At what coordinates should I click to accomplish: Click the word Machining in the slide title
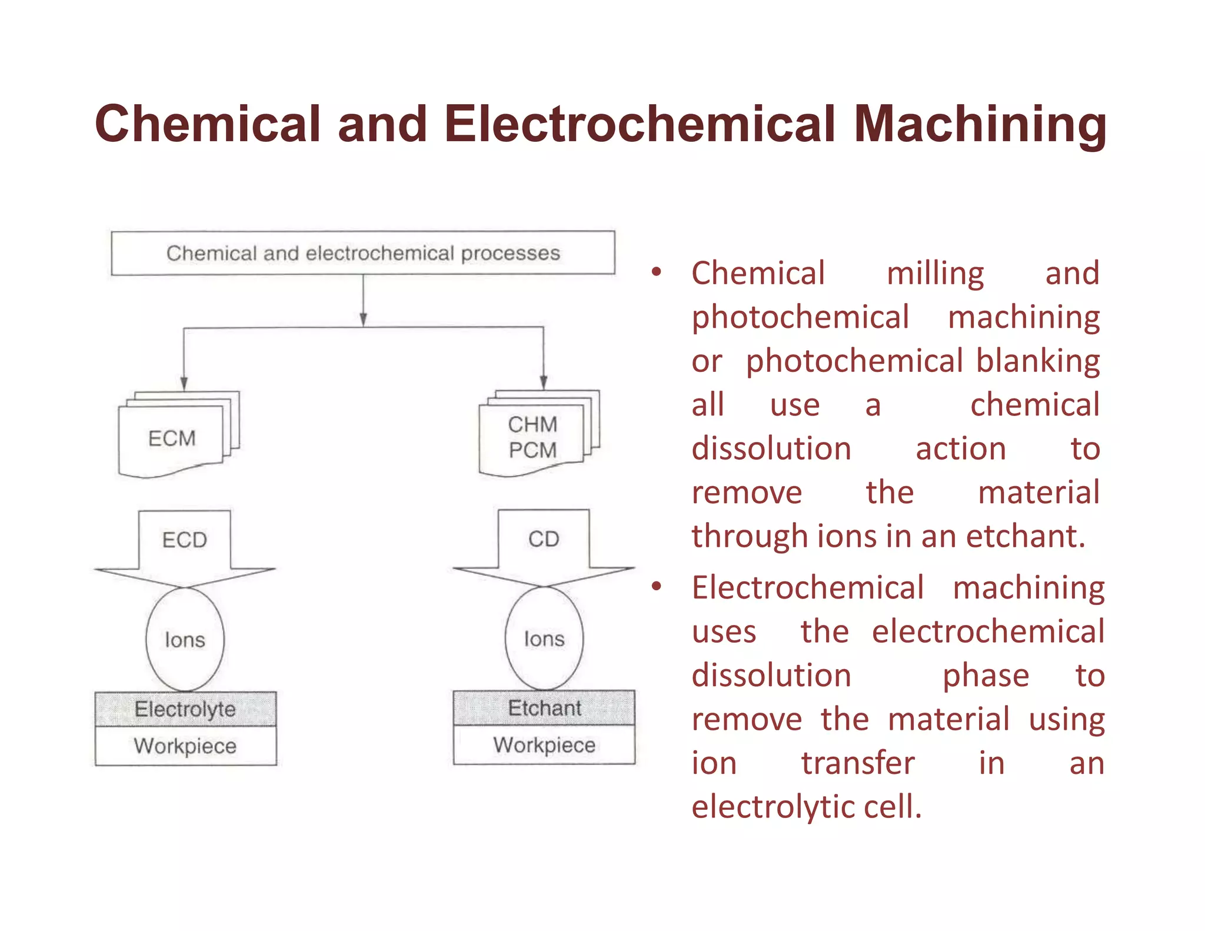(980, 125)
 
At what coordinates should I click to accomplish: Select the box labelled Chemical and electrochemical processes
(363, 253)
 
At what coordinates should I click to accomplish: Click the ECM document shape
(172, 438)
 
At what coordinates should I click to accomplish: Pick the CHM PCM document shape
(532, 437)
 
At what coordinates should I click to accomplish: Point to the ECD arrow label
(185, 540)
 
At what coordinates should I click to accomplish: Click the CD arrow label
(544, 539)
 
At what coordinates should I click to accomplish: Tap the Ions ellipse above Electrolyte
(185, 640)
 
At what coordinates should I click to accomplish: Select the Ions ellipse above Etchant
(544, 639)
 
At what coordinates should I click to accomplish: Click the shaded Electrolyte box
(185, 709)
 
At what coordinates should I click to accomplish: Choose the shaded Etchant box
(544, 708)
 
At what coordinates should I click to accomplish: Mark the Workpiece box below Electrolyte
(185, 746)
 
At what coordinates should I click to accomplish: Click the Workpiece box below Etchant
(544, 745)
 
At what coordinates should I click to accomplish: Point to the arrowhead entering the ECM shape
(184, 384)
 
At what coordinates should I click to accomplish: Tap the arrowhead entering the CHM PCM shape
(544, 383)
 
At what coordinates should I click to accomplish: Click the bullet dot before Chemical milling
(657, 272)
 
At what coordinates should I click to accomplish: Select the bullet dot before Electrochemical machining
(657, 586)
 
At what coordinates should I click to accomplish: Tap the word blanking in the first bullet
(1038, 361)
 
